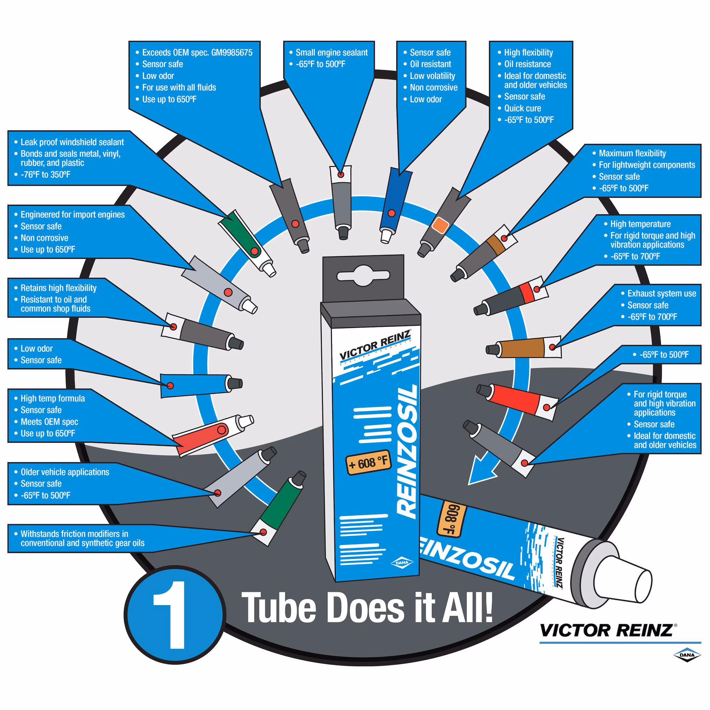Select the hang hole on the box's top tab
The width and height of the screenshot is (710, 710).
[x=363, y=275]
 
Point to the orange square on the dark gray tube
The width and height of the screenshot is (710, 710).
[x=440, y=225]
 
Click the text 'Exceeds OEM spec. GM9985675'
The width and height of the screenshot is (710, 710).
[x=197, y=53]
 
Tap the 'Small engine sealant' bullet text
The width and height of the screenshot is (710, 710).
[x=331, y=53]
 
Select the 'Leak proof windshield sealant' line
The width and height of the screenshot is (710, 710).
[x=72, y=142]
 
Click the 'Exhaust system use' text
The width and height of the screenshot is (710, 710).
[x=662, y=294]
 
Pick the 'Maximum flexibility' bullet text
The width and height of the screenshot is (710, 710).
[x=632, y=153]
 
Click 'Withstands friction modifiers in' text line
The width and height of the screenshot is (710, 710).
[x=75, y=534]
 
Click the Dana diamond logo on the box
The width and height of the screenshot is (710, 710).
[x=402, y=563]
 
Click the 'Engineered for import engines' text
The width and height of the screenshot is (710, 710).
[x=73, y=215]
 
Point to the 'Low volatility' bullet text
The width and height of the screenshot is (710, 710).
[x=433, y=76]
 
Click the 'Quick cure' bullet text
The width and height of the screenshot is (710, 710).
[x=522, y=109]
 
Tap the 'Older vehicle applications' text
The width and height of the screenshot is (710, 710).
[x=65, y=472]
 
